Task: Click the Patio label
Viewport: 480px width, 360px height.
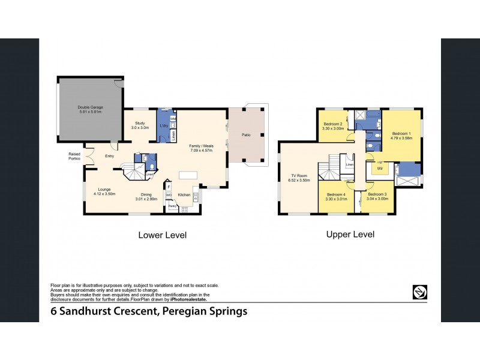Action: point(246,135)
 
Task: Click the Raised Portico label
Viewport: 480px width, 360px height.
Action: point(74,156)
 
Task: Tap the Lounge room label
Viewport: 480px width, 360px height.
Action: point(104,190)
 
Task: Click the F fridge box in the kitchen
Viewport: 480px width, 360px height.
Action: point(169,187)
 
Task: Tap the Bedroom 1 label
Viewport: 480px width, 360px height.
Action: point(400,133)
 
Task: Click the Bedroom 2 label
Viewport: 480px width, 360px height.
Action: point(332,124)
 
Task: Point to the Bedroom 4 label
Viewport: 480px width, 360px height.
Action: point(336,194)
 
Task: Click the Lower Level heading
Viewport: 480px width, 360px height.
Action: point(163,235)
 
